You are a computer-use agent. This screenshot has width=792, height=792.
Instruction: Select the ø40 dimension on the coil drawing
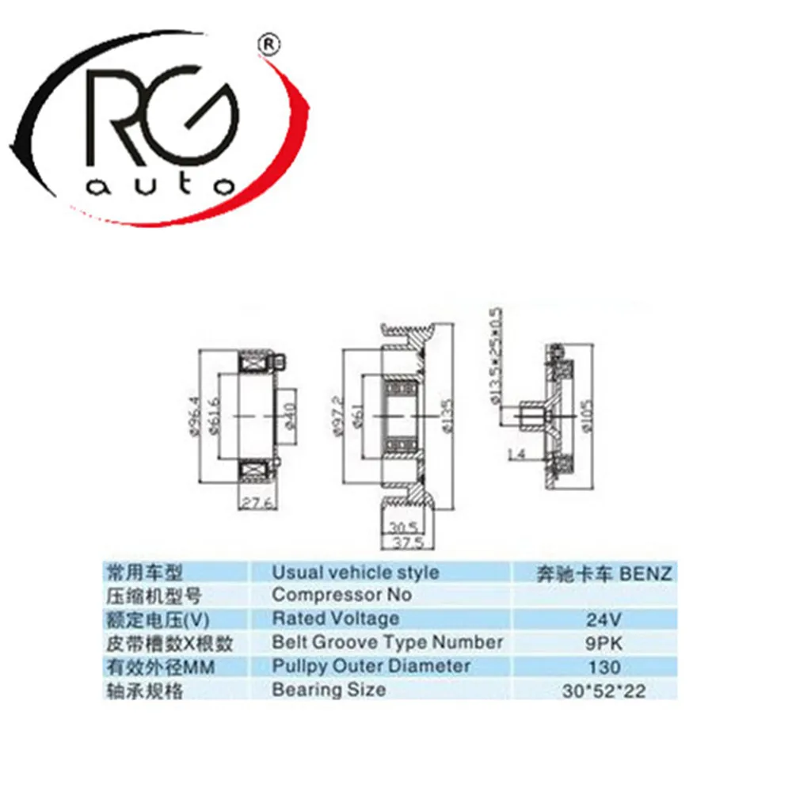[x=290, y=414]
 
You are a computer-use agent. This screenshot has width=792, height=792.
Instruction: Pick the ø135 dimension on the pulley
[x=447, y=413]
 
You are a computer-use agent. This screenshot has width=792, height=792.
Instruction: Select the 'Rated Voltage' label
[x=336, y=619]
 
